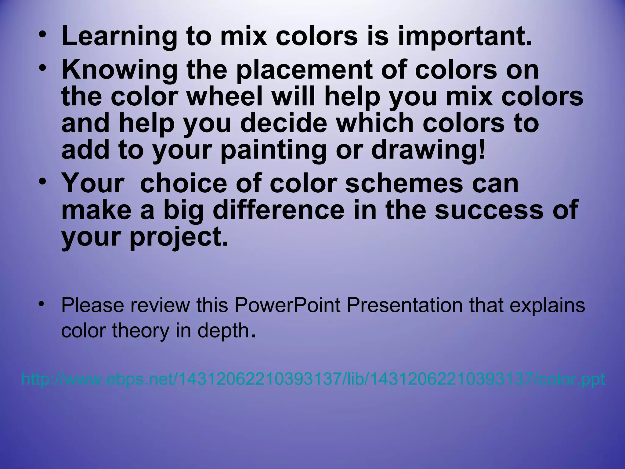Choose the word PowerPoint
[287, 305]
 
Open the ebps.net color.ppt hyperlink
[313, 380]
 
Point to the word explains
[547, 305]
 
